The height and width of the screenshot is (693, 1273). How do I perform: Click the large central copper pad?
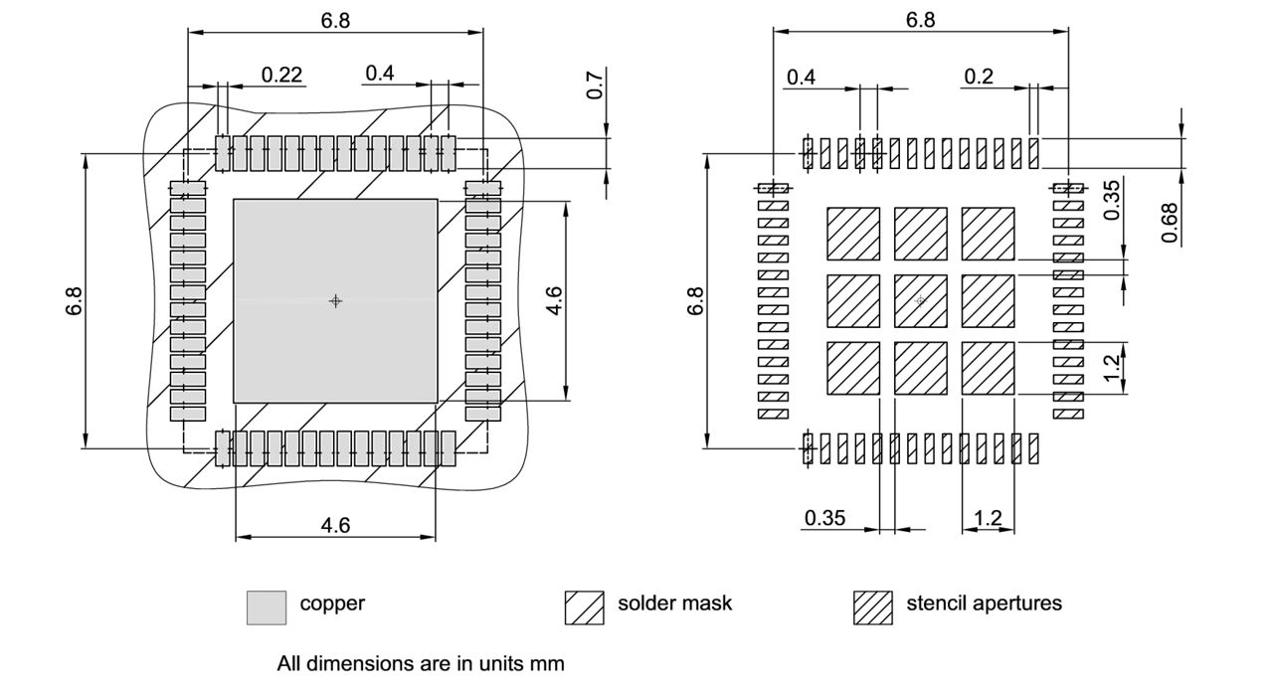(x=335, y=300)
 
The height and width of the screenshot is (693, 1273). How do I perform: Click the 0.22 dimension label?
(x=281, y=75)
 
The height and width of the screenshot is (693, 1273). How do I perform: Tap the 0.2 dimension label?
(x=979, y=77)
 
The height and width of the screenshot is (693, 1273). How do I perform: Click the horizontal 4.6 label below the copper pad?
(x=335, y=525)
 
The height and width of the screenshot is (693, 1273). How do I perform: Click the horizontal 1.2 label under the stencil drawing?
(x=988, y=518)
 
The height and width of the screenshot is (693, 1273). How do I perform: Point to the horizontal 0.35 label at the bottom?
(x=824, y=518)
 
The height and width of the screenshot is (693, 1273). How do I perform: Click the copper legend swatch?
(x=266, y=607)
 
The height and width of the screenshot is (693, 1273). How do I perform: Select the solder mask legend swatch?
(x=584, y=607)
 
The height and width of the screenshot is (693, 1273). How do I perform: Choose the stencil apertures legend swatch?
(x=872, y=607)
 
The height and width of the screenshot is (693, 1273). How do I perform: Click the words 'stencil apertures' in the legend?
(x=983, y=603)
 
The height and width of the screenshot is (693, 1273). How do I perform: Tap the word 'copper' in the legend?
(x=332, y=603)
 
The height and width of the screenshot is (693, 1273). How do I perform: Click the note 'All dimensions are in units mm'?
(x=420, y=663)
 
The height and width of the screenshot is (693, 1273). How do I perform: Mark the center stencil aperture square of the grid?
(x=920, y=300)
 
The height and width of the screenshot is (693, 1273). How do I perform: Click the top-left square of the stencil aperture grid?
(x=852, y=233)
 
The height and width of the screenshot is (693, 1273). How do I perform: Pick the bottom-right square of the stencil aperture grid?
(x=988, y=368)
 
